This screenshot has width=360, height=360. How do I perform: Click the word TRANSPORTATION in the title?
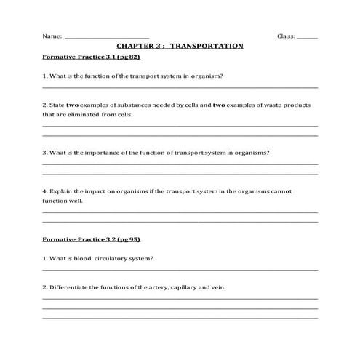coord(207,46)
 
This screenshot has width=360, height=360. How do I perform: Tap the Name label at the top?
coord(51,36)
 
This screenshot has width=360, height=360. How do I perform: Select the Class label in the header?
coord(285,36)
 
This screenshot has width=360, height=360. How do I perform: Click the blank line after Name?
coord(107,38)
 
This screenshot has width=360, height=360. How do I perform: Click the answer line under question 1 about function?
coord(180,87)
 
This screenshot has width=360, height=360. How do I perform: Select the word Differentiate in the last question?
coord(69,287)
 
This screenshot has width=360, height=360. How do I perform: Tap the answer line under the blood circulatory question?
coord(180,270)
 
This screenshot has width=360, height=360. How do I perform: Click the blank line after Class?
coord(307,38)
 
